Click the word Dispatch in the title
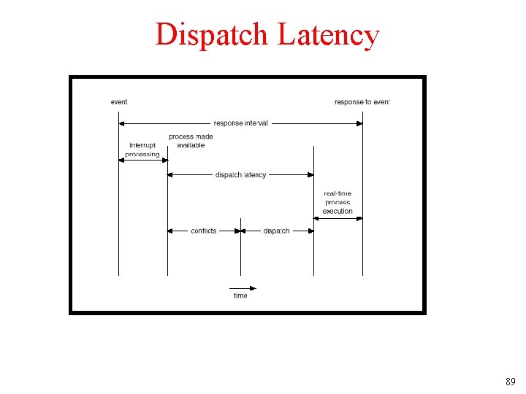(x=212, y=34)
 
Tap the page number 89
(x=510, y=382)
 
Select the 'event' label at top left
(x=119, y=102)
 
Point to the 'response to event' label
(x=362, y=102)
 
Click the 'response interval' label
(x=240, y=123)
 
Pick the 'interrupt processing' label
(x=142, y=150)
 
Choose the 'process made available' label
(x=191, y=141)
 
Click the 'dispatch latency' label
(x=241, y=175)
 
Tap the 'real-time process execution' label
(x=338, y=202)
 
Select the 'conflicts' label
(x=204, y=231)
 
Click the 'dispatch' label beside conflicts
(x=277, y=231)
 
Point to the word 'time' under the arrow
(x=240, y=295)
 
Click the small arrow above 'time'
(x=243, y=287)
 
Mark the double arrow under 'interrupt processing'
(x=143, y=161)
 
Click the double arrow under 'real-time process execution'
(x=338, y=217)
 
